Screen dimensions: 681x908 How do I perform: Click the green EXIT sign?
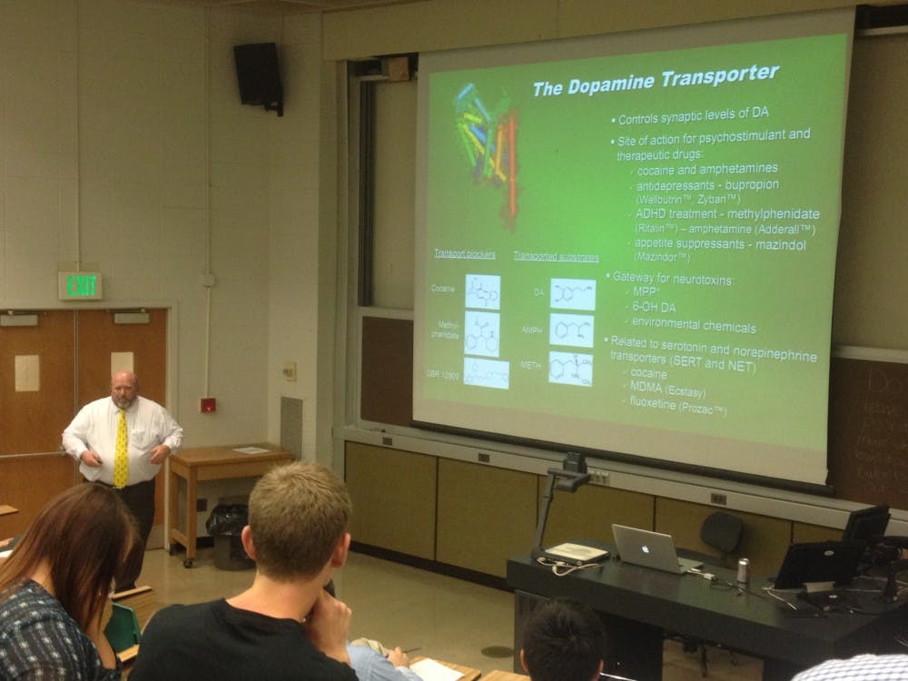click(81, 285)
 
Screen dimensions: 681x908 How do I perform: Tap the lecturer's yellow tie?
click(121, 449)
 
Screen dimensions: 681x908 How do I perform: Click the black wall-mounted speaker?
click(259, 76)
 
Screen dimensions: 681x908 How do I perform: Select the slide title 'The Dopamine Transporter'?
click(655, 80)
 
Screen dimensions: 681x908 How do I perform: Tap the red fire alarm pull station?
click(208, 405)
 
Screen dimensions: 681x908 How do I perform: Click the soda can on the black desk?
click(743, 570)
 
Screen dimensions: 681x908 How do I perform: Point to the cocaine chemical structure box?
click(482, 291)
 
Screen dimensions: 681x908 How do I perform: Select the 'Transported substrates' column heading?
click(555, 257)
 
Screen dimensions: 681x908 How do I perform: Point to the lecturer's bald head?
click(123, 384)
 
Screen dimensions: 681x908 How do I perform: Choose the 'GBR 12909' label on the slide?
click(444, 372)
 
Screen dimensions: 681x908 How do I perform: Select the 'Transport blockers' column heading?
click(464, 254)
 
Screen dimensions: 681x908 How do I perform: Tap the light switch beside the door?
click(290, 370)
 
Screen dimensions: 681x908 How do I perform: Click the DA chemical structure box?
click(572, 294)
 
